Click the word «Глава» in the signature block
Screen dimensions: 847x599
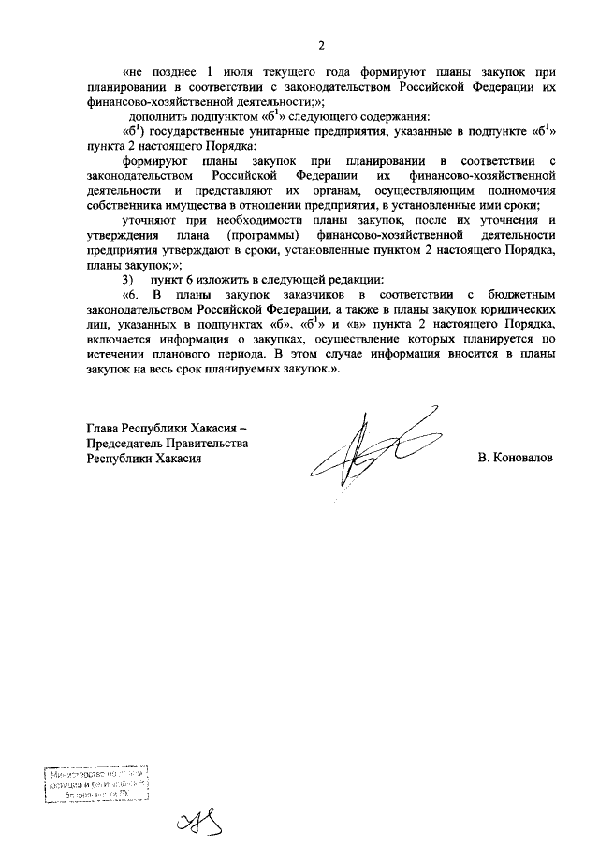pyautogui.click(x=103, y=429)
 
